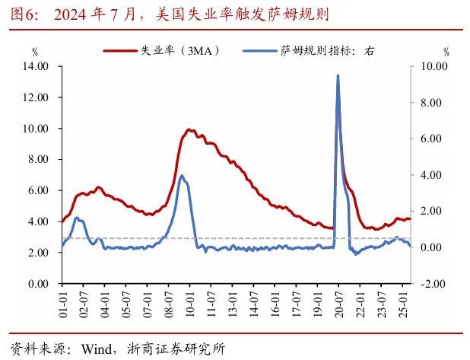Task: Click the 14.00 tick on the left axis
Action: pyautogui.click(x=37, y=66)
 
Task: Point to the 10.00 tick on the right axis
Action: pyautogui.click(x=432, y=66)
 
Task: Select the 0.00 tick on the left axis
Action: pyautogui.click(x=39, y=284)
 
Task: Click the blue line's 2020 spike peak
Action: pyautogui.click(x=337, y=75)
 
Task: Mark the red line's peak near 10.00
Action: pyautogui.click(x=189, y=130)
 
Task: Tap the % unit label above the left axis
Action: pyautogui.click(x=34, y=51)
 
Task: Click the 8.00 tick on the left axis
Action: pyautogui.click(x=39, y=160)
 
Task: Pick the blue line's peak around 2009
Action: pyautogui.click(x=181, y=176)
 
